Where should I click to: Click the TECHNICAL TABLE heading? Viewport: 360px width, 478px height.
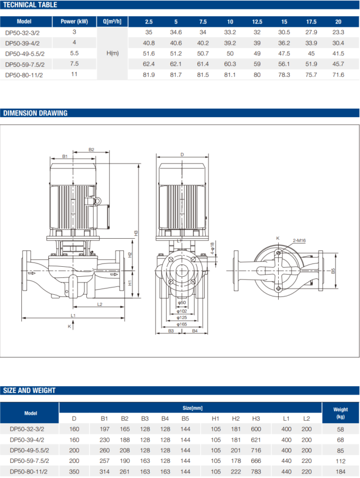click(x=29, y=5)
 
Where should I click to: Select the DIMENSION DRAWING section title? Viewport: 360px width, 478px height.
click(x=35, y=113)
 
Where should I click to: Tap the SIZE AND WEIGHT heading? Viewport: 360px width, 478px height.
click(x=30, y=391)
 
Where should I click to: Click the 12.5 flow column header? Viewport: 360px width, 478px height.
click(x=257, y=22)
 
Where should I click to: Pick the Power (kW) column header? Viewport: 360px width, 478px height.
click(x=74, y=22)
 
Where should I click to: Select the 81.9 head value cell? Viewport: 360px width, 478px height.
click(x=149, y=75)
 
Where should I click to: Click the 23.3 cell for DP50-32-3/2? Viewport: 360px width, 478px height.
click(x=338, y=32)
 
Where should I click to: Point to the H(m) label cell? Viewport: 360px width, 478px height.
click(x=112, y=53)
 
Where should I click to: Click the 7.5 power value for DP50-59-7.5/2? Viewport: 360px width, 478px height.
click(x=74, y=64)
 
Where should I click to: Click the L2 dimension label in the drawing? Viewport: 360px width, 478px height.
click(x=99, y=304)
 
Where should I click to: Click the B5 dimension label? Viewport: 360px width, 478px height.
click(x=333, y=271)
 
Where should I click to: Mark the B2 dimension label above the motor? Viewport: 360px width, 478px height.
click(x=91, y=150)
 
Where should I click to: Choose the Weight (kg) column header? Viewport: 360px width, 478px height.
click(x=340, y=413)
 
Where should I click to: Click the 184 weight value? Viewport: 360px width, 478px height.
click(x=340, y=472)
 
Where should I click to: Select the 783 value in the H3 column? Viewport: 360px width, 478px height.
click(x=256, y=472)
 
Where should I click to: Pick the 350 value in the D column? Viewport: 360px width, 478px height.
click(x=74, y=472)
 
